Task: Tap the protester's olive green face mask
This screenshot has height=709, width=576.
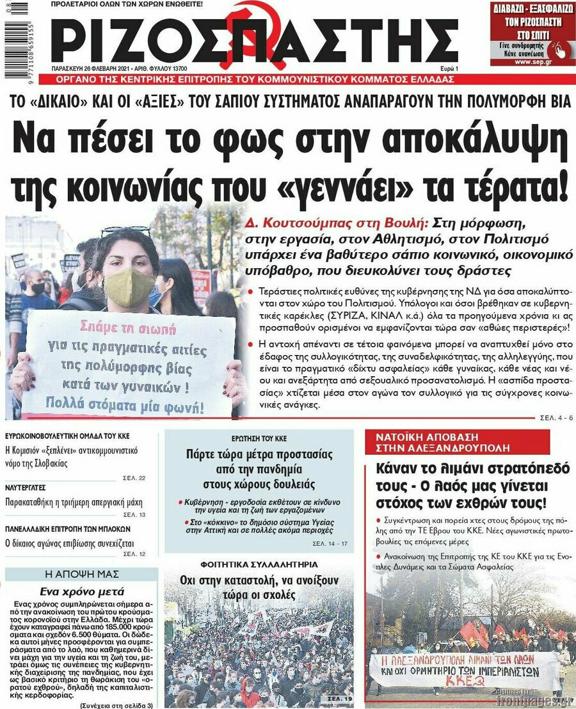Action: tap(128, 285)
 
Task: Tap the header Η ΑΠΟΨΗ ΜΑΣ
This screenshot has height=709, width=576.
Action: tap(81, 574)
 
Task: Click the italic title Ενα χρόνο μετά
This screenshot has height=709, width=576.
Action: tap(82, 591)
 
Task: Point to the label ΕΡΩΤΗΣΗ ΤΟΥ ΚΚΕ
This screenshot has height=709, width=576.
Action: tap(259, 439)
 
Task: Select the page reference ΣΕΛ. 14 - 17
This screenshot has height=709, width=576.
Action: tap(330, 543)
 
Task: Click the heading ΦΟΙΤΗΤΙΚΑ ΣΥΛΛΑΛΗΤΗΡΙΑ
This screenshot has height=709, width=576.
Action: tap(259, 565)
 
